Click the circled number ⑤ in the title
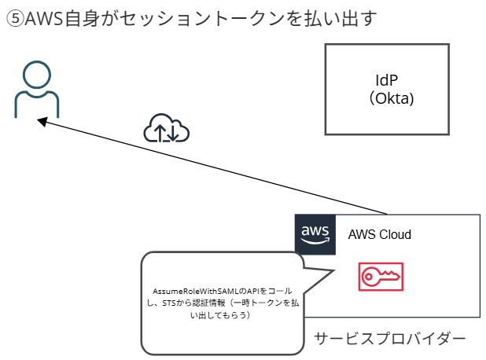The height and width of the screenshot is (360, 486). [15, 20]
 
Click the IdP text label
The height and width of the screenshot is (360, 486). [387, 82]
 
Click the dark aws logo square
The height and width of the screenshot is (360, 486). [315, 234]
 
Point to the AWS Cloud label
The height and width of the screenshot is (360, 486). [379, 234]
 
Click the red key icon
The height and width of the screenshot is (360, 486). [381, 276]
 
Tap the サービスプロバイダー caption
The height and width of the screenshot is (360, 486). [389, 339]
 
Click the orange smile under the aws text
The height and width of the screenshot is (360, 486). [315, 241]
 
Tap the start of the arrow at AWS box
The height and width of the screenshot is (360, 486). [387, 213]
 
